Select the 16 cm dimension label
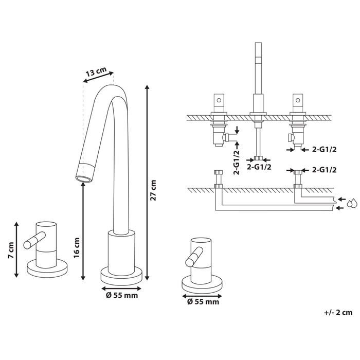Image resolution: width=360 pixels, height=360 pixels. [x=77, y=247]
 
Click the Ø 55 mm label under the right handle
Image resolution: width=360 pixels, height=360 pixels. [x=202, y=302]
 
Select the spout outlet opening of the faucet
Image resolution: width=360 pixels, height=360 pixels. [x=85, y=178]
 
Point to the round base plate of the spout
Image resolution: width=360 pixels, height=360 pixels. [x=120, y=274]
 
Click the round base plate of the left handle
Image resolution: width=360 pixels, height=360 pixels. [x=48, y=270]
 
